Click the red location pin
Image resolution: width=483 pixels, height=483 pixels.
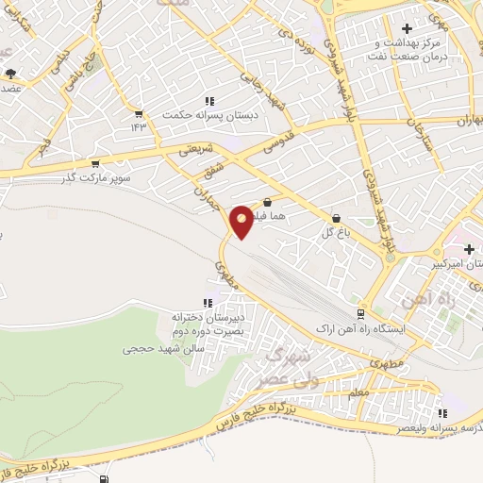(242, 221)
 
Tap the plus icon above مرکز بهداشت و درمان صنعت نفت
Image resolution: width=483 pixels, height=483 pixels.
(407, 29)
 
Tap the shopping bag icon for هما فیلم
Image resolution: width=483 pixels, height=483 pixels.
(268, 201)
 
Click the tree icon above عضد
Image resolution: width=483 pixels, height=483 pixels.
(10, 74)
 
